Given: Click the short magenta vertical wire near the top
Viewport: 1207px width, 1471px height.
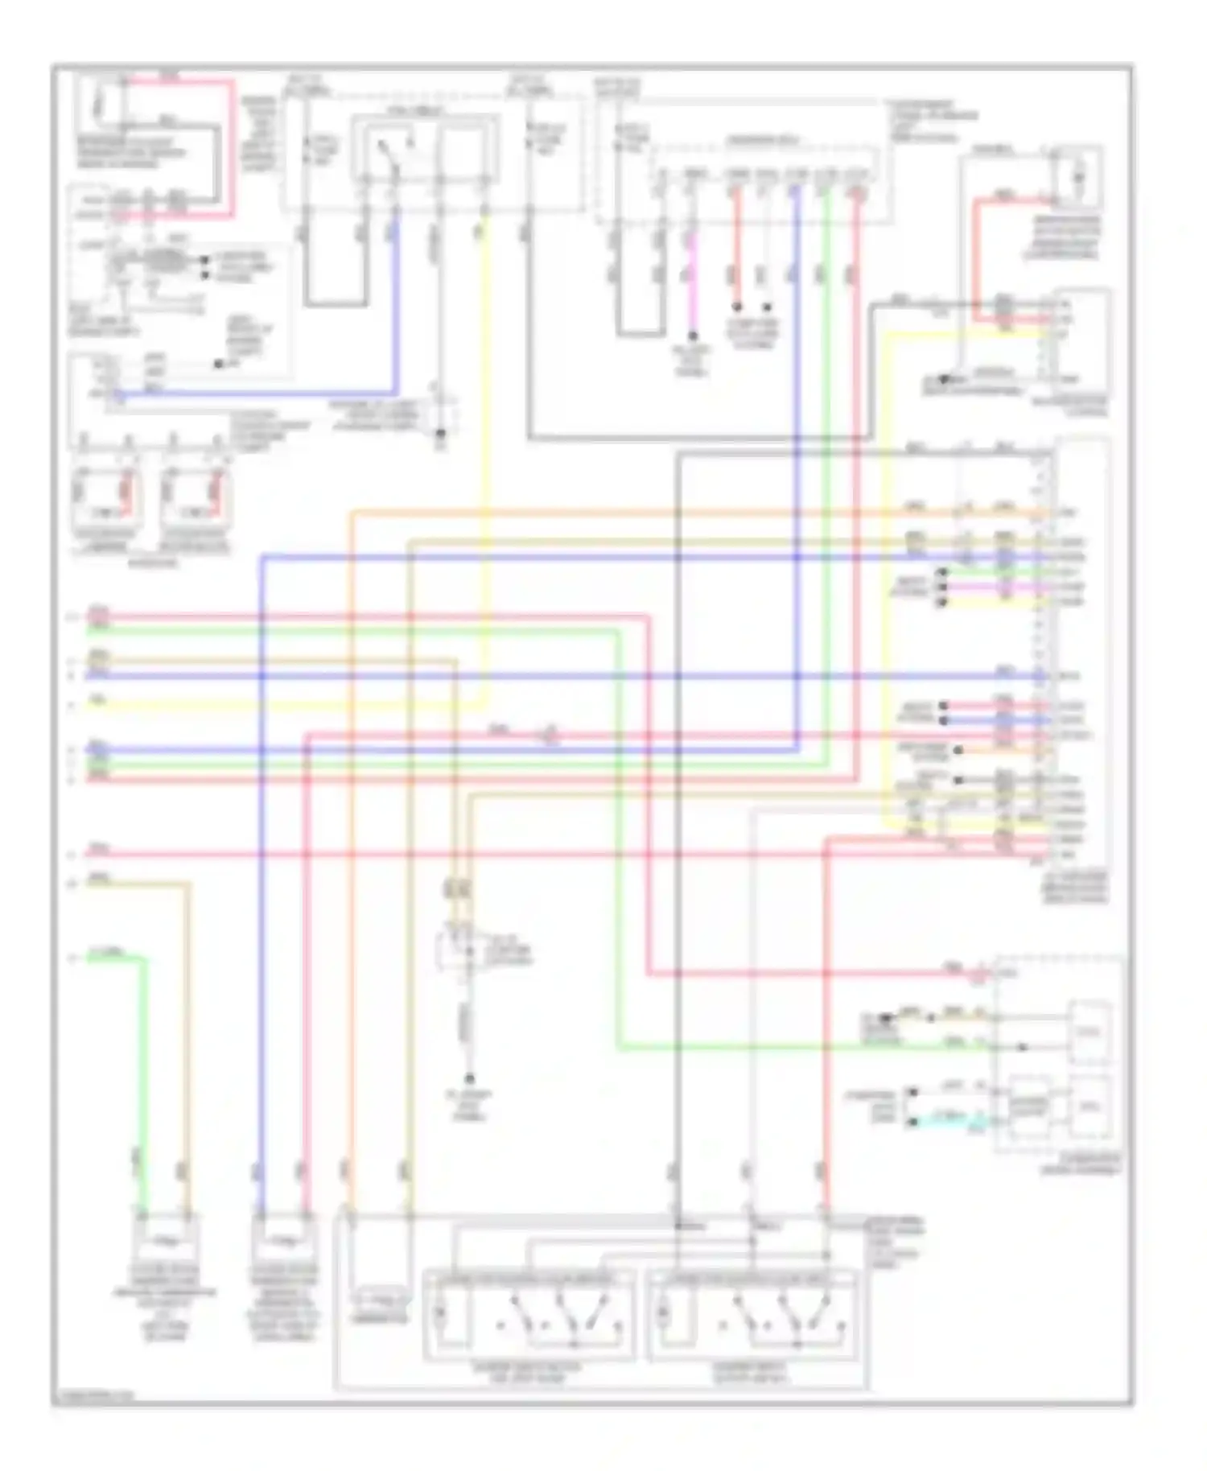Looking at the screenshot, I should [x=690, y=274].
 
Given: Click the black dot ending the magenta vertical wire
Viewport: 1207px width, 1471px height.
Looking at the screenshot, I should [x=691, y=336].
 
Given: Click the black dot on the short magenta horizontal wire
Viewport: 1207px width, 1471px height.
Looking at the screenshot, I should [x=942, y=587].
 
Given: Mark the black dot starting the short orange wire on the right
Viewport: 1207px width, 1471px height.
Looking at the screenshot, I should [x=958, y=750].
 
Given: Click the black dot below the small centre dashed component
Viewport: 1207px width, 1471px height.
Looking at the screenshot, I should [x=470, y=1078].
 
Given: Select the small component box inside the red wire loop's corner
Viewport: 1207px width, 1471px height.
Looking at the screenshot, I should [x=1078, y=173].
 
